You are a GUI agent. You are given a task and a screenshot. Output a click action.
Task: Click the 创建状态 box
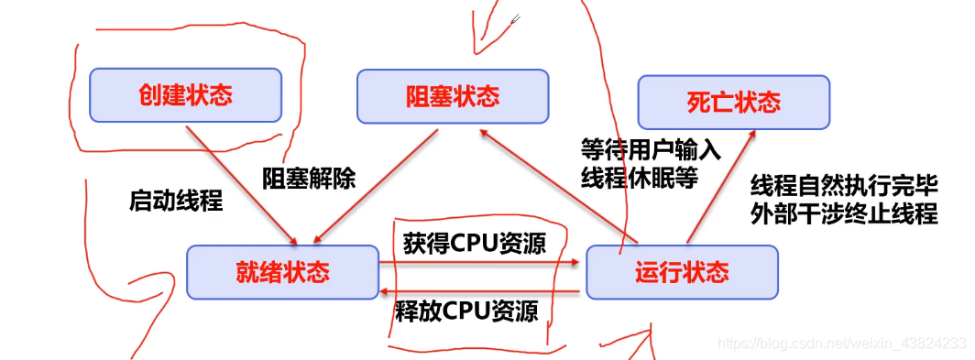185,95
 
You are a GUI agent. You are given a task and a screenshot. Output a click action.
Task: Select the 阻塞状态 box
453,97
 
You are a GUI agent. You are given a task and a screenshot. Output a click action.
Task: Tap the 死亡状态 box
733,101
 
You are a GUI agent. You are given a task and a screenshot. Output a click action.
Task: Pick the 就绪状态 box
282,271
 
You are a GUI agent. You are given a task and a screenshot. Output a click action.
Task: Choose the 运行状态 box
682,272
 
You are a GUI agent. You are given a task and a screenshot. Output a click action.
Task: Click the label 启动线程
176,201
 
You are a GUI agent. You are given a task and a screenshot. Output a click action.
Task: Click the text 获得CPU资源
475,244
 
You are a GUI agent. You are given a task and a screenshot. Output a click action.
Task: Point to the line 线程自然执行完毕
844,186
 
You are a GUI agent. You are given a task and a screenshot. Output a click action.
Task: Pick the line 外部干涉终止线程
844,215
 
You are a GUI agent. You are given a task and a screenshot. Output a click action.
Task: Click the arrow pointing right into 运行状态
481,263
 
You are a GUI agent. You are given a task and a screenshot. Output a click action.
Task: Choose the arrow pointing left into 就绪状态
481,292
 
